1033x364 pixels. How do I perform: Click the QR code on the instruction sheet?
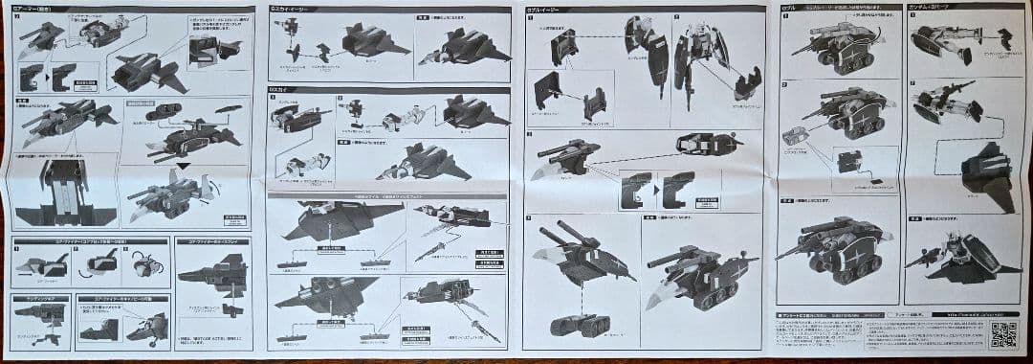tap(1002, 334)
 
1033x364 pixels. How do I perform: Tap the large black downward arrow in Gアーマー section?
tap(181, 168)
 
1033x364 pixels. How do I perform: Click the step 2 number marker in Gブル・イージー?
tap(529, 134)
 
